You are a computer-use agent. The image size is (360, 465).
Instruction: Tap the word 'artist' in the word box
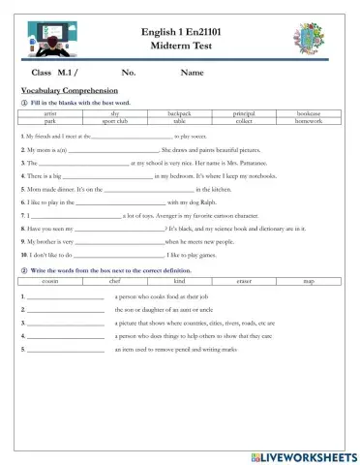pos(49,114)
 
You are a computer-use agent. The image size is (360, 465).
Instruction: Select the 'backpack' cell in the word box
pos(179,114)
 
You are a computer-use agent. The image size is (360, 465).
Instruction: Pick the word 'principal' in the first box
pos(244,114)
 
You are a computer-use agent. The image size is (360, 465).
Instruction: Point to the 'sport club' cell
pos(114,122)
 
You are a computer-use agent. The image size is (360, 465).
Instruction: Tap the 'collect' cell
pos(244,122)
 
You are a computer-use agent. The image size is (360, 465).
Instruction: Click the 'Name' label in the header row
pos(193,73)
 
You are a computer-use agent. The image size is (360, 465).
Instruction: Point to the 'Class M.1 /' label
pos(55,73)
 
